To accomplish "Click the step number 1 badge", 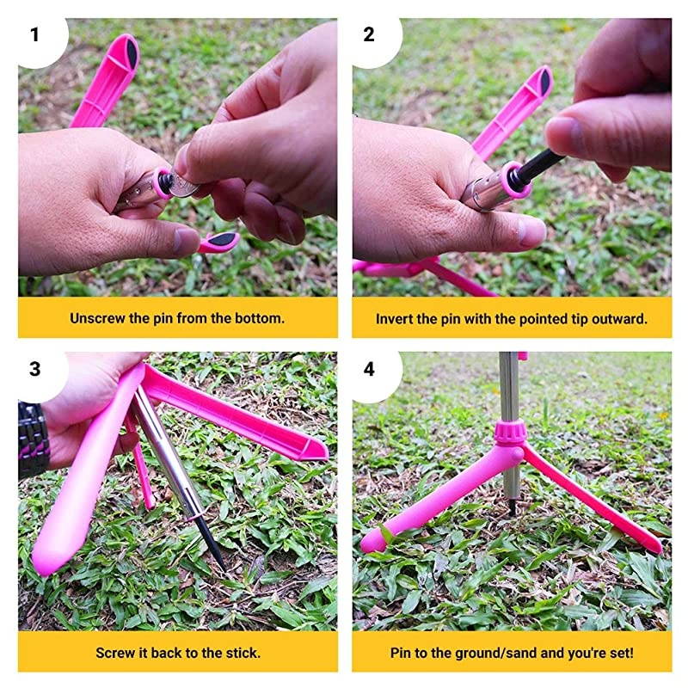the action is (x=34, y=34).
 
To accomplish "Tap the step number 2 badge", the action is (x=369, y=34).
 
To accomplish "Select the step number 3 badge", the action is (x=34, y=369).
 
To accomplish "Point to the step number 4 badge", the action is (x=369, y=369).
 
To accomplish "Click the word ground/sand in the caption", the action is (x=495, y=654).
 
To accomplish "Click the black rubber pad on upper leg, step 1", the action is (x=132, y=52).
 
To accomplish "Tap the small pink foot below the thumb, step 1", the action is (x=219, y=242).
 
